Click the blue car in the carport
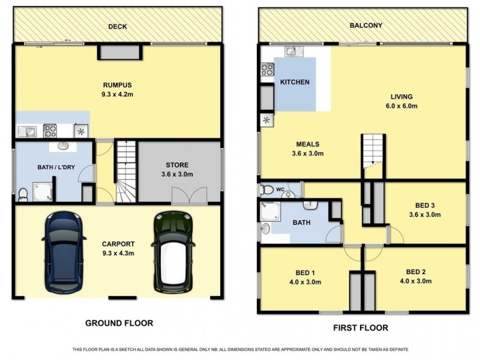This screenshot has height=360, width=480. (x=64, y=251)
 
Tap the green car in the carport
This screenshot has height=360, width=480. (x=173, y=252)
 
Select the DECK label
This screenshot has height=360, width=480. (x=118, y=26)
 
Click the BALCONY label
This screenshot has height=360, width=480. (x=366, y=25)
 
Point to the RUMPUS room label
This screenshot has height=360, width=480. (x=117, y=85)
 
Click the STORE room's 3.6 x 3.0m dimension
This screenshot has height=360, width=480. (x=177, y=175)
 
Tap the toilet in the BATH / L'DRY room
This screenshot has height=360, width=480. (x=23, y=195)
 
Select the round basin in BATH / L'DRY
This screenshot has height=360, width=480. (x=63, y=146)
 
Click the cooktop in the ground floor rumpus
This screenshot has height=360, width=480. (x=50, y=131)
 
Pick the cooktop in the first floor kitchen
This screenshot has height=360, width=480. (x=267, y=70)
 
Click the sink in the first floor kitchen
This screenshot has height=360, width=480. (x=294, y=52)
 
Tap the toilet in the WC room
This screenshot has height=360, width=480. (x=266, y=190)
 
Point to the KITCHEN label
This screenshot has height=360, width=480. (x=295, y=82)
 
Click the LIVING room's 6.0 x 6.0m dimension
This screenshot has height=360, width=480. (x=401, y=106)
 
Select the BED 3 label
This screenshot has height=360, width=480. (x=425, y=205)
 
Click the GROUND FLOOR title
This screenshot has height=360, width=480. (x=119, y=323)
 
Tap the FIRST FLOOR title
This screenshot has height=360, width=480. (x=361, y=328)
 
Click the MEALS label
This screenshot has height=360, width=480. (x=308, y=144)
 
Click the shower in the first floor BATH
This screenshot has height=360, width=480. (x=270, y=211)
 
